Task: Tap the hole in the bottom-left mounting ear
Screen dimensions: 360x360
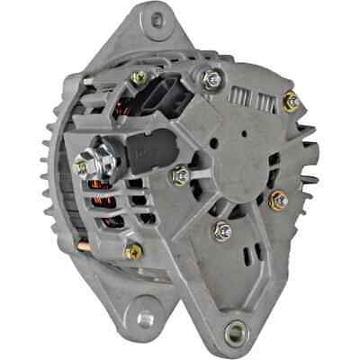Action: coord(145,316)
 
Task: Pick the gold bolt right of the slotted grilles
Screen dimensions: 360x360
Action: coord(290,102)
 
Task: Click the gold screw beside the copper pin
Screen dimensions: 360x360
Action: coord(131,251)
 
